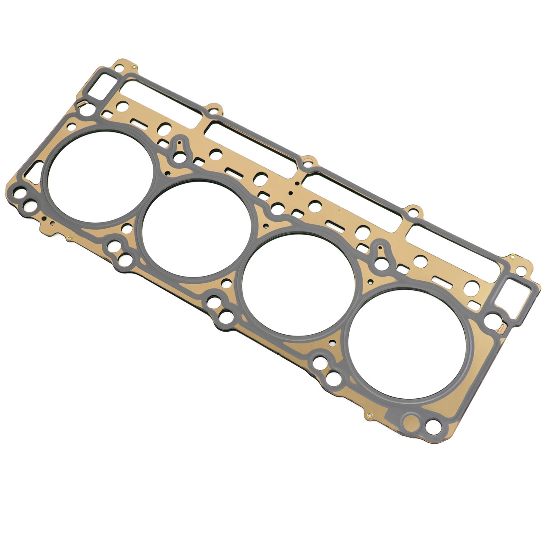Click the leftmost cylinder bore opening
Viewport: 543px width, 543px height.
coord(100,176)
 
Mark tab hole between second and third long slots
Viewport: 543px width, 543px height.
coord(309,163)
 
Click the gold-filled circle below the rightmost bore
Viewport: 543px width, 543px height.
coord(412,422)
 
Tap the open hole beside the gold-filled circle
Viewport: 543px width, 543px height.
coord(433,426)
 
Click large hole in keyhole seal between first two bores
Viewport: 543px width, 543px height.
coord(180,158)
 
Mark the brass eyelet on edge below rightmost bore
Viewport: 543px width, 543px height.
coord(369,416)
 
